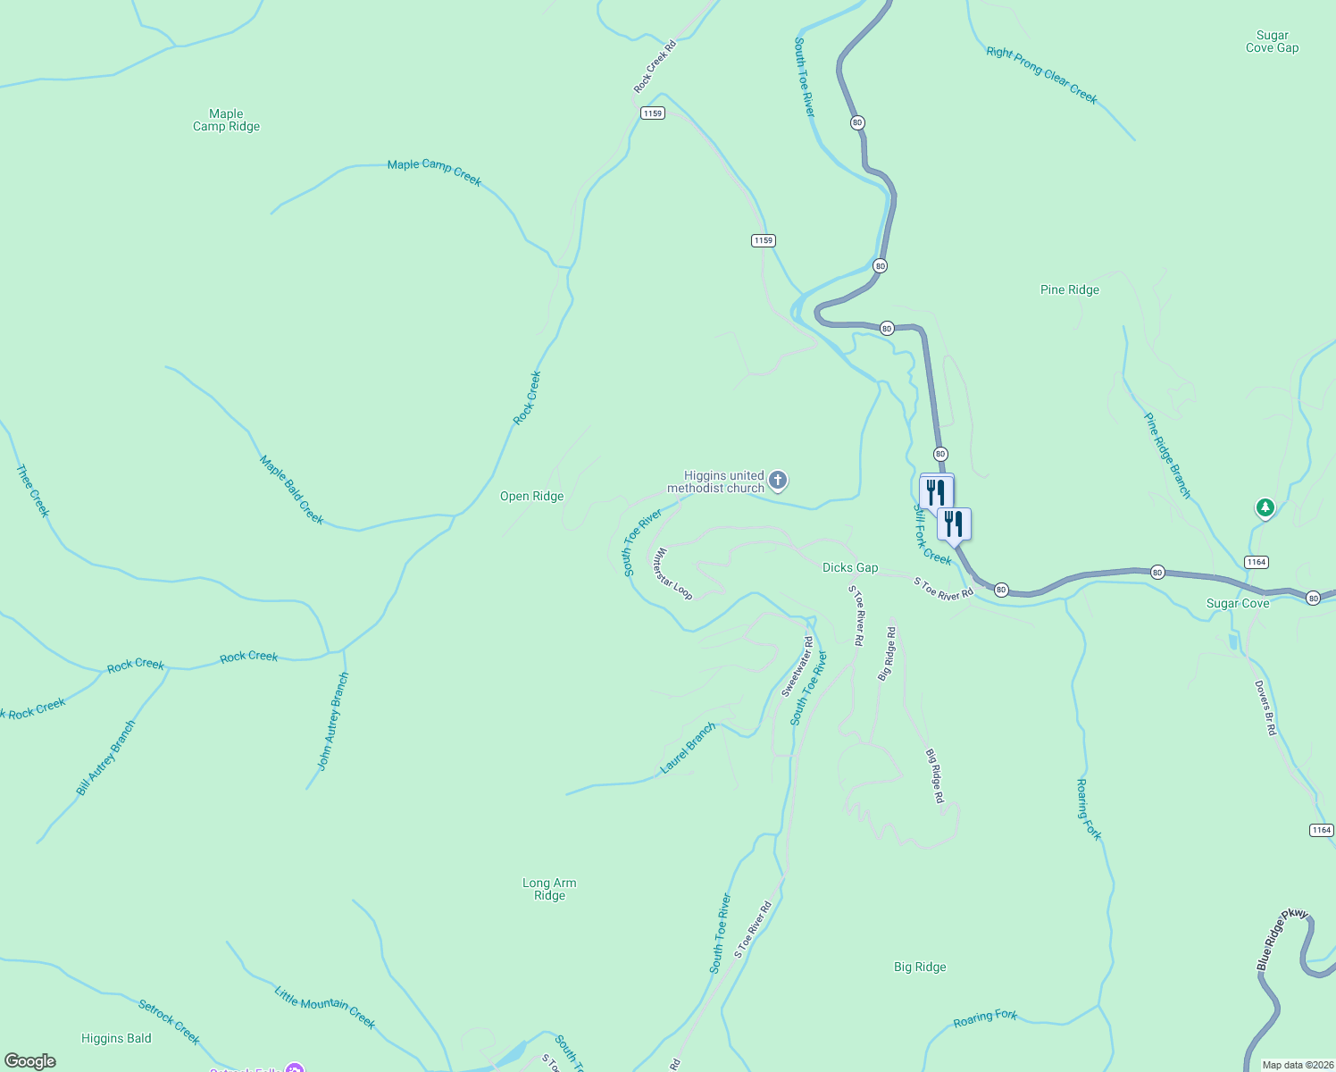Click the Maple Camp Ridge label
[226, 120]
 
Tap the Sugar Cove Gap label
[1272, 42]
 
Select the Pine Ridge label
[1069, 289]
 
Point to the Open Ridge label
[531, 497]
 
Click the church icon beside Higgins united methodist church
[778, 482]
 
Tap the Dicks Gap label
[849, 567]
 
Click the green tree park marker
[1265, 508]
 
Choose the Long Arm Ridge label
[549, 889]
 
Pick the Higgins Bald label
[116, 1038]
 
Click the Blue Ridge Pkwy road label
[1282, 940]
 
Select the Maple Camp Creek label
[434, 172]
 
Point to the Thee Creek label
[32, 490]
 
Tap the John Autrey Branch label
[333, 721]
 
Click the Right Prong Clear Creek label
[1041, 76]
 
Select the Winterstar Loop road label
[673, 574]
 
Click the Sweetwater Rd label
[797, 666]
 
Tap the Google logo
[30, 1061]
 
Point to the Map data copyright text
[1297, 1065]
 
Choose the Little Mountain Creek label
[324, 1008]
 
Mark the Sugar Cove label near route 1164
[1237, 604]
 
